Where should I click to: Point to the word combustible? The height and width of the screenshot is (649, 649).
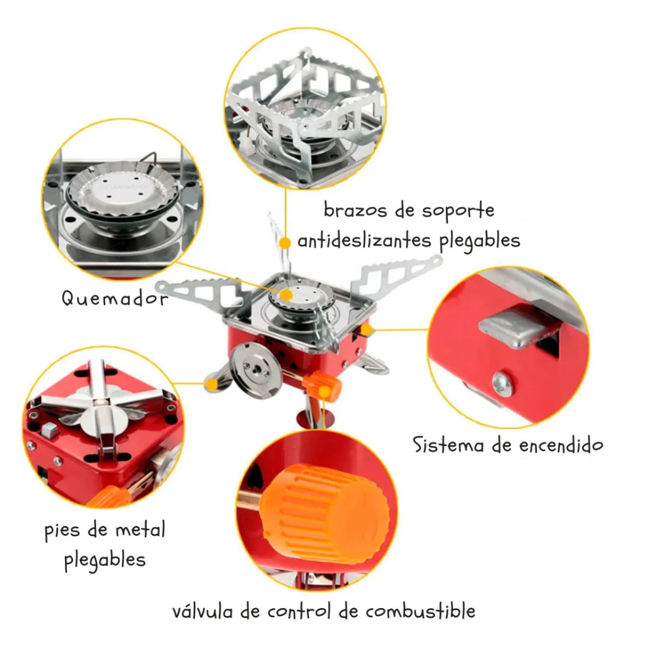tap(420, 612)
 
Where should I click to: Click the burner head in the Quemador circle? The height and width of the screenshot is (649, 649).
tap(120, 192)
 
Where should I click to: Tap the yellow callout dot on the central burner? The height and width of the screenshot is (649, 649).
tap(287, 294)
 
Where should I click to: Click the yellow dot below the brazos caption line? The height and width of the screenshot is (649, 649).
tap(285, 242)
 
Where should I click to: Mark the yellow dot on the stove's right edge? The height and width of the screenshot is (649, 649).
tap(367, 329)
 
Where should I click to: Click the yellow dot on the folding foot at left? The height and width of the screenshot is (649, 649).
tap(211, 383)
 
